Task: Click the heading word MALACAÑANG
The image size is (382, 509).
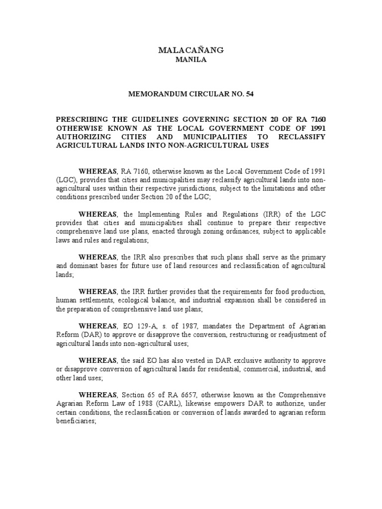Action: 191,50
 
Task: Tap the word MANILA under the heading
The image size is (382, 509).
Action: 191,60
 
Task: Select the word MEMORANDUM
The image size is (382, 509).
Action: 159,93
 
